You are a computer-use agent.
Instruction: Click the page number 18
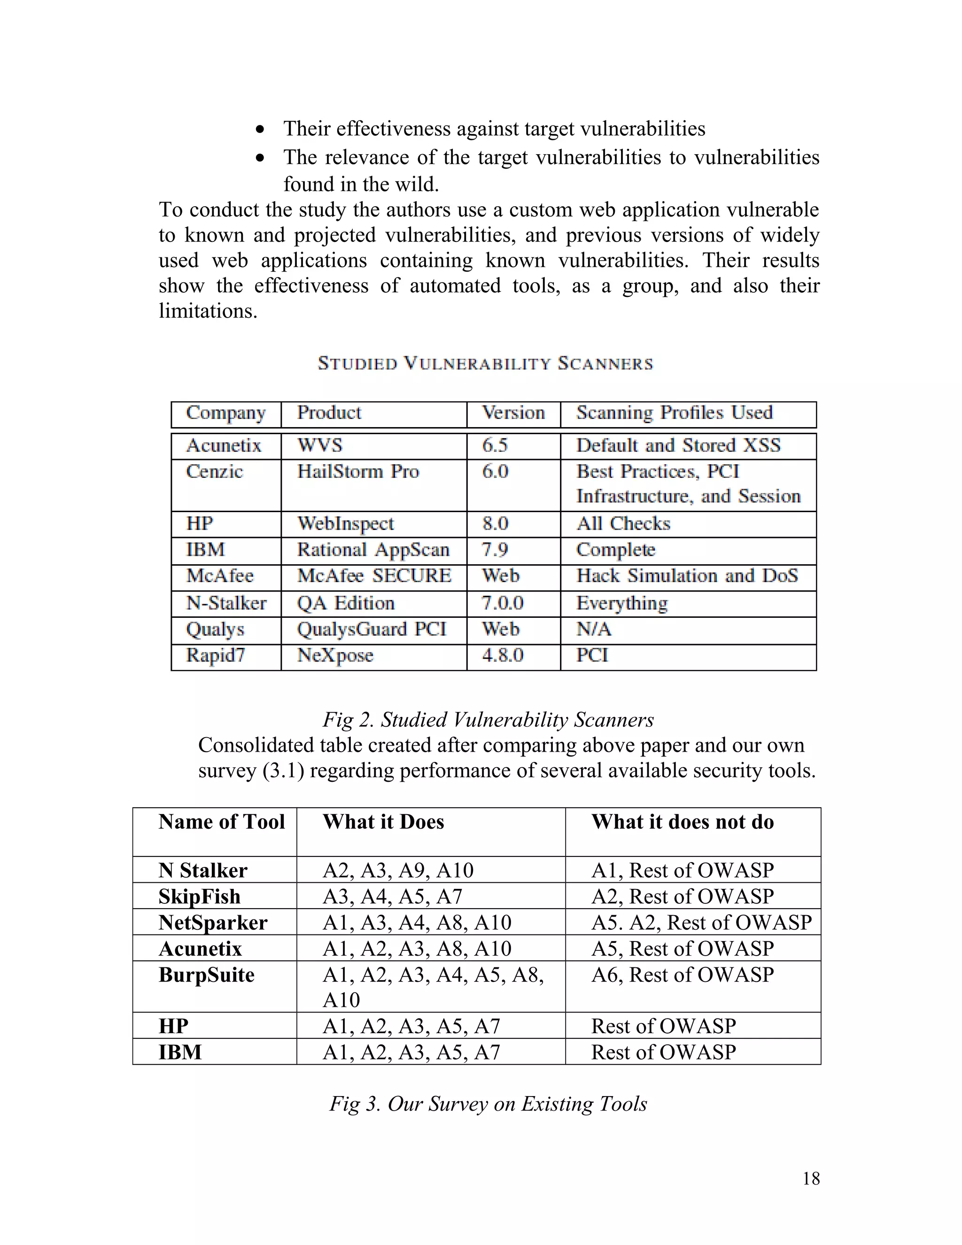tap(810, 1178)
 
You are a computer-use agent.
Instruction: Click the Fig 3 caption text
tap(488, 1104)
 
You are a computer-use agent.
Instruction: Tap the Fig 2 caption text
tap(488, 719)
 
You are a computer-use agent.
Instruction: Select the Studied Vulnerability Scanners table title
tap(485, 364)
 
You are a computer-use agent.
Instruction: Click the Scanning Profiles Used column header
tap(674, 412)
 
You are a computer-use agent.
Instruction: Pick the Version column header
tap(513, 412)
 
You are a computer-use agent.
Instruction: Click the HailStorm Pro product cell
tap(358, 471)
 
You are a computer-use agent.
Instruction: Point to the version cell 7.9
tap(495, 550)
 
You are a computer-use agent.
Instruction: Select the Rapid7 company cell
tap(216, 655)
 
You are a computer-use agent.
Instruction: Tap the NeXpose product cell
tap(335, 655)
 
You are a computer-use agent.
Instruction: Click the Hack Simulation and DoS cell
tap(687, 576)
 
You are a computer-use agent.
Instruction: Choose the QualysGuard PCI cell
tap(372, 629)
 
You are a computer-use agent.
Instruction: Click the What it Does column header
tap(383, 821)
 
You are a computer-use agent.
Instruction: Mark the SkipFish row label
tap(200, 896)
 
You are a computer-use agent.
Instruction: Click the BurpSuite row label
tap(206, 974)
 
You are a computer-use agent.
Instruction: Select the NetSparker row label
tap(213, 922)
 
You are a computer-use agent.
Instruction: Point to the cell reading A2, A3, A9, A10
tap(398, 870)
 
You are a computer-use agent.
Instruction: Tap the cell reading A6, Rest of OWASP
tap(682, 974)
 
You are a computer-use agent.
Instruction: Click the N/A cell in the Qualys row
tap(593, 629)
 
